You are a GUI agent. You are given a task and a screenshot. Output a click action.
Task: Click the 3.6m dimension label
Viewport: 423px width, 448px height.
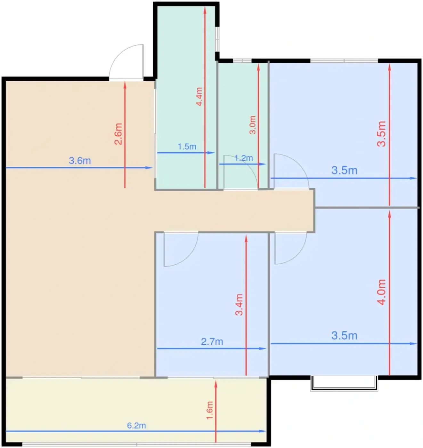pos(80,161)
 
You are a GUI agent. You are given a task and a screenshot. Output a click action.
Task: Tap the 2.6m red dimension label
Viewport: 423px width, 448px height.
pos(118,134)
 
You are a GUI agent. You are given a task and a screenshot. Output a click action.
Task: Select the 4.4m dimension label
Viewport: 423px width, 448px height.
pos(199,97)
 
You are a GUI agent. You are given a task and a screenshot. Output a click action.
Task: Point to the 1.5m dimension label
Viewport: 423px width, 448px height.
pos(187,147)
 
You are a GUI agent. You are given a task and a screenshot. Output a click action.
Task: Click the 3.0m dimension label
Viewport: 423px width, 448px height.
pos(253,125)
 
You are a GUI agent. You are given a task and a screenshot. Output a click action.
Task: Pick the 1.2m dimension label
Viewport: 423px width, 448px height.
pos(244,158)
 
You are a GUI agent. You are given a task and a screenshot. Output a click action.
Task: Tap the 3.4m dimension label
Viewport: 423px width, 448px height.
pos(239,305)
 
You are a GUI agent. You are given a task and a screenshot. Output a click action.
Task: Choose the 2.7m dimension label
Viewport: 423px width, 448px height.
pos(212,342)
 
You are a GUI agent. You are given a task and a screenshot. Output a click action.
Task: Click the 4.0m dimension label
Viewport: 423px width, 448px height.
pos(382,292)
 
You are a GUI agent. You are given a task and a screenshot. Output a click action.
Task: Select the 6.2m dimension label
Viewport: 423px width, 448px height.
pos(136,426)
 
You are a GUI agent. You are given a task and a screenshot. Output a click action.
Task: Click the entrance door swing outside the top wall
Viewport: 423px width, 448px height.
pos(118,56)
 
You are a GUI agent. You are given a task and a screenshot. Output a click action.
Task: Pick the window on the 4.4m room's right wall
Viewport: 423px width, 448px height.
pos(217,39)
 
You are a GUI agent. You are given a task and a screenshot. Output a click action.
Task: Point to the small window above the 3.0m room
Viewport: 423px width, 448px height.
pos(242,61)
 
